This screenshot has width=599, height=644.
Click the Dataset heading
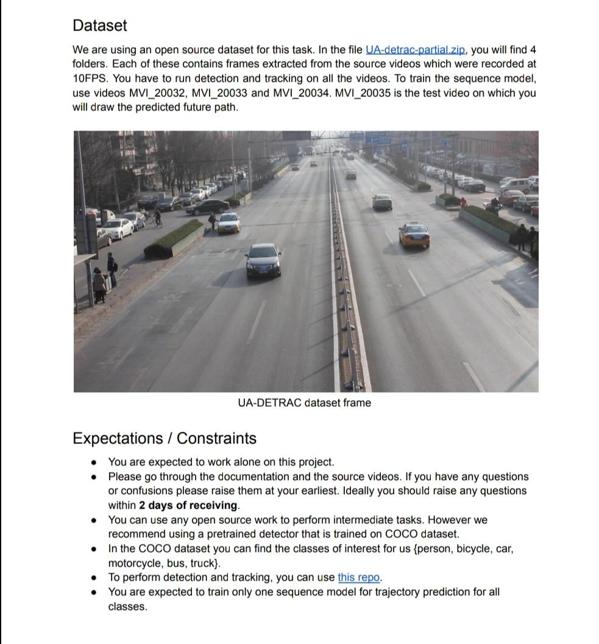100,26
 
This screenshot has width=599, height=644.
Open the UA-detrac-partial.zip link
416,49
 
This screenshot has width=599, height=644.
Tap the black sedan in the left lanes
263,260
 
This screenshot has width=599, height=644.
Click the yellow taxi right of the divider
414,235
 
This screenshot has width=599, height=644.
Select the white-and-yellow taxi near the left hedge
229,223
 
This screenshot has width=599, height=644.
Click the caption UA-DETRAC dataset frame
304,403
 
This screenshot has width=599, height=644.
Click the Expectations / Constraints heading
164,438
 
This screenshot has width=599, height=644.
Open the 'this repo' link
359,578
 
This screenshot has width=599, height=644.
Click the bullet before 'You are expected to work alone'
93,463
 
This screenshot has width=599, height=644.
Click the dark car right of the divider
382,202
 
